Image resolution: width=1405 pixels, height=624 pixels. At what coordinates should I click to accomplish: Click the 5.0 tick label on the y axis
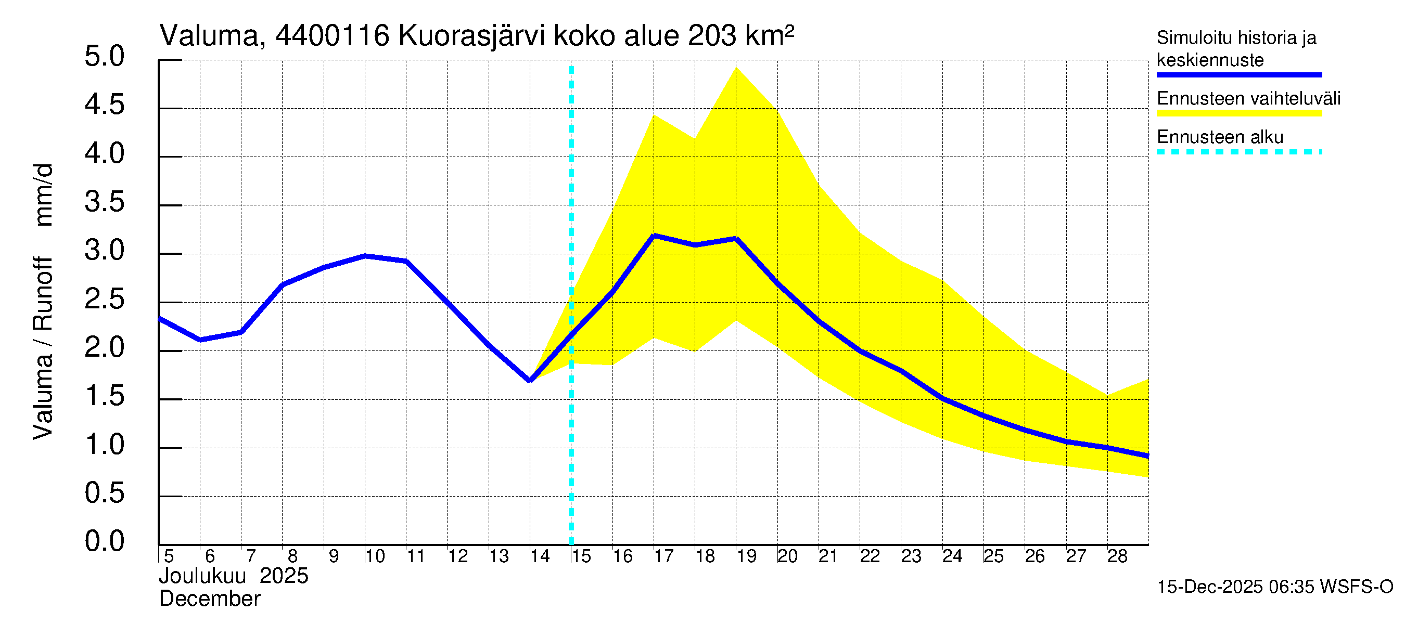point(104,57)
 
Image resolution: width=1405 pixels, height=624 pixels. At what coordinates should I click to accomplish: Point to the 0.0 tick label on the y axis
point(104,541)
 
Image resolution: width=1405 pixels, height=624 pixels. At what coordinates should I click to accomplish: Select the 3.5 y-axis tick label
point(104,202)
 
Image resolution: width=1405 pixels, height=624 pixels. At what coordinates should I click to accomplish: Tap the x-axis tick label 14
point(540,556)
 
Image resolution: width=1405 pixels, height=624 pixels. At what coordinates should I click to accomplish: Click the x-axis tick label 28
point(1117,556)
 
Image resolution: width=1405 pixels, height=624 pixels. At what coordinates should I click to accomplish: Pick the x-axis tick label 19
point(746,556)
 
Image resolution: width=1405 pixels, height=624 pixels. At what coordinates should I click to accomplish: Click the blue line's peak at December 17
point(654,236)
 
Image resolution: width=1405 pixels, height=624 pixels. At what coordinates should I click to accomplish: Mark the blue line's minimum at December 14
point(530,381)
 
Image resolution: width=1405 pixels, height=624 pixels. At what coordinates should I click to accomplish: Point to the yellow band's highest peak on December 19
point(736,68)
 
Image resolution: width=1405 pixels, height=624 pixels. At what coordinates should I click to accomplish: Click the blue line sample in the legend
point(1238,75)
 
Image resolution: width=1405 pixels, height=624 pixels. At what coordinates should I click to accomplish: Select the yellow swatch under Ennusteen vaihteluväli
point(1238,113)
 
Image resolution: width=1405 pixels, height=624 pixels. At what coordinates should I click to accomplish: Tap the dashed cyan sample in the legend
point(1238,152)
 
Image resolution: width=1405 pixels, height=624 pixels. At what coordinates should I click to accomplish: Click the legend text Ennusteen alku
point(1220,137)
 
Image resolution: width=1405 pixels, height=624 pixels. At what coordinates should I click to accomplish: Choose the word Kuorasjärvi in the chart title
point(472,36)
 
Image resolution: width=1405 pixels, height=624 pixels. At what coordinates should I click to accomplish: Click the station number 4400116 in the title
point(332,36)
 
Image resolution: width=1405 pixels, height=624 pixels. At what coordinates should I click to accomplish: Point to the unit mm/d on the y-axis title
point(44,194)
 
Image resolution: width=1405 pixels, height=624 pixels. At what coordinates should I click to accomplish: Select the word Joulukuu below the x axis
point(202,576)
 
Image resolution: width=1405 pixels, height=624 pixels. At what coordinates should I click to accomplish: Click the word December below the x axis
point(209,599)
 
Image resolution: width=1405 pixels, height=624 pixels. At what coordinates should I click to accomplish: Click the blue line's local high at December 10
point(365,256)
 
